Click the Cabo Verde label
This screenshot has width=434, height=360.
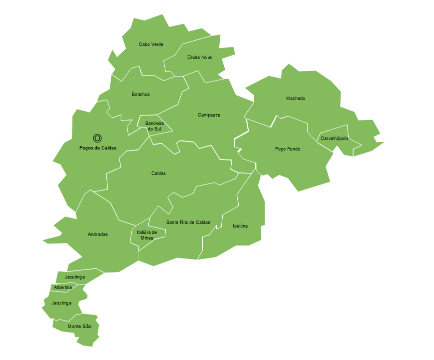151,44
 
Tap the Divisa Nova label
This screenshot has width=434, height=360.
200,57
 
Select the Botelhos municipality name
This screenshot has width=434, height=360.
140,94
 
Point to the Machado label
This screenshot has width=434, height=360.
295,98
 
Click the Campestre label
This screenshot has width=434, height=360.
209,115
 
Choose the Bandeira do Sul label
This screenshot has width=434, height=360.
153,126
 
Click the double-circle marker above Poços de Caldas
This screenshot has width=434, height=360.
97,138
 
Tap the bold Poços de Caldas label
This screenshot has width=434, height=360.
97,148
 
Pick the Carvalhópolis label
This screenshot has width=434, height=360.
334,138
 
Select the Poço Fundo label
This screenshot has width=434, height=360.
288,149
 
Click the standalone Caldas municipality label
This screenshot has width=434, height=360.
158,173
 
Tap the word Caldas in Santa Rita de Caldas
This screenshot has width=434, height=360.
202,222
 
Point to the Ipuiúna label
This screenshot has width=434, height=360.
240,226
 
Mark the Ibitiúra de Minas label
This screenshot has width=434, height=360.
147,235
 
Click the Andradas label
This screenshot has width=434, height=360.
97,234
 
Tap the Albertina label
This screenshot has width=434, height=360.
62,287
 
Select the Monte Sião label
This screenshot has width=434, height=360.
80,326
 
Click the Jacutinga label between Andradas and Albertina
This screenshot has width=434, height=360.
74,277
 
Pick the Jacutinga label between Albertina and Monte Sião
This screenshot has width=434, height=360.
61,303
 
